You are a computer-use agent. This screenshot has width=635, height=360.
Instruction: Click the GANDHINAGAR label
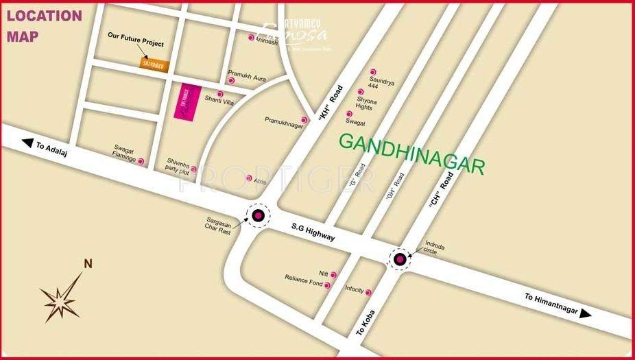coord(411,153)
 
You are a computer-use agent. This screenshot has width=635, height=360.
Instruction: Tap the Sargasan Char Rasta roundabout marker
coord(259,217)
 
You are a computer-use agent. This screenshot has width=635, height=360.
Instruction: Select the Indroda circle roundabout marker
coord(400,259)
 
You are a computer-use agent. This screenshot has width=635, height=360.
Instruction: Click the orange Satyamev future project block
coord(154,63)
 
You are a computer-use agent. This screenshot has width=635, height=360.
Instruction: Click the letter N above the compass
coord(88,263)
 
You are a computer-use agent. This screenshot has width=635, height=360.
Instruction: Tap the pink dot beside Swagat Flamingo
coord(141,162)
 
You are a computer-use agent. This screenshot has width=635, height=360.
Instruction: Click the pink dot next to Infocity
coord(368,293)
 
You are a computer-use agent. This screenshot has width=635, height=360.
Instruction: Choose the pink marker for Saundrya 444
coord(373,72)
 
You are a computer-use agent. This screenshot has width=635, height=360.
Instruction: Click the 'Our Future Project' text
coord(136,43)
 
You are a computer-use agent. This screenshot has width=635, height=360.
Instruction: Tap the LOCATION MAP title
coord(44,25)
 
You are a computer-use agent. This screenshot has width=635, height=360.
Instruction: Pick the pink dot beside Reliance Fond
coord(327,285)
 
